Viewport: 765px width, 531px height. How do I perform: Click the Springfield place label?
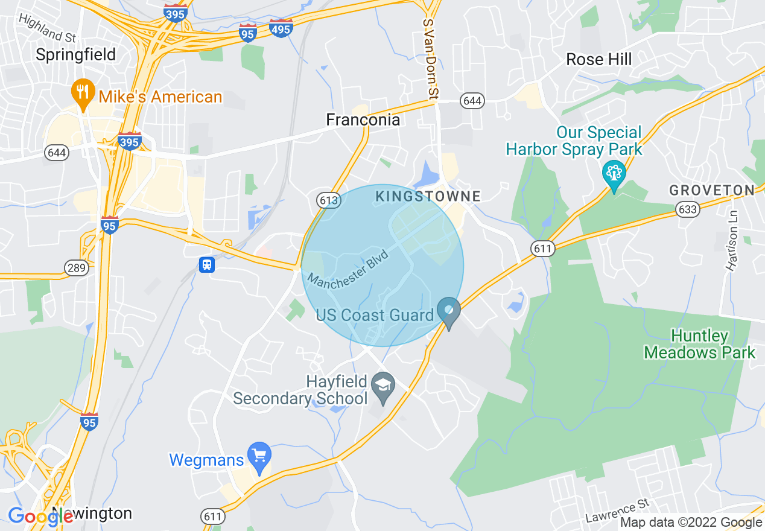coord(76,55)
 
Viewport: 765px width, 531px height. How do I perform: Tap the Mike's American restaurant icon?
coord(81,93)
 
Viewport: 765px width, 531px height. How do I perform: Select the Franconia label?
coord(363,120)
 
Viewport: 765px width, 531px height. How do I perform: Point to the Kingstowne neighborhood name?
coord(428,196)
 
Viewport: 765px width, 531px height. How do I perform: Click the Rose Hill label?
coord(598,59)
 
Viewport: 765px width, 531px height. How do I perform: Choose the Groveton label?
coord(712,191)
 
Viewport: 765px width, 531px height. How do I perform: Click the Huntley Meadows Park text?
coord(700,344)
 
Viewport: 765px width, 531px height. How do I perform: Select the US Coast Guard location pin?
coord(449,312)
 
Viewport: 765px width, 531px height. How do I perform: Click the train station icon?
coord(207,265)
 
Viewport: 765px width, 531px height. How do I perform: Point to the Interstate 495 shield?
coord(282,28)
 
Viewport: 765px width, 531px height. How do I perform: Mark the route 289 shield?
coord(77,268)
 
